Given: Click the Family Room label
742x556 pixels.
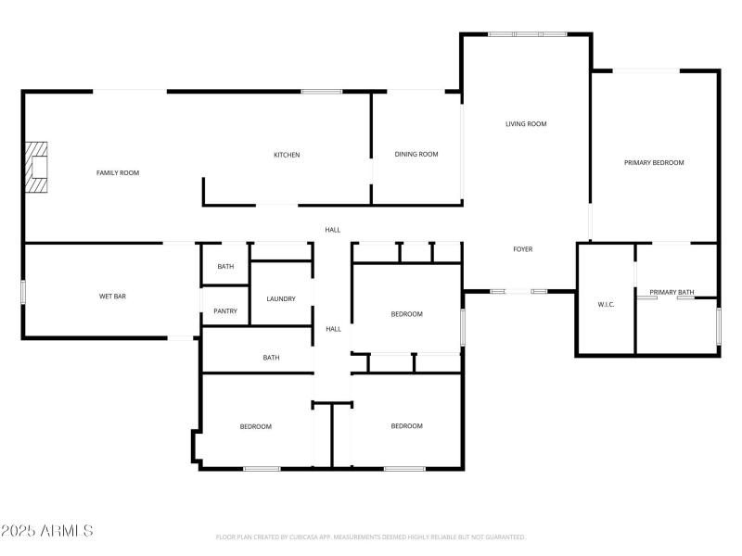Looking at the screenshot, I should (x=118, y=172).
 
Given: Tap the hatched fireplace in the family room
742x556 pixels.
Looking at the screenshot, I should (x=36, y=167).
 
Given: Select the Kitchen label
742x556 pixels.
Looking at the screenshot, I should (x=287, y=155).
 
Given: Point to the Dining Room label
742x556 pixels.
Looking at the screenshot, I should (x=416, y=155).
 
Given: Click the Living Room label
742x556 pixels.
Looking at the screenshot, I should (x=526, y=124).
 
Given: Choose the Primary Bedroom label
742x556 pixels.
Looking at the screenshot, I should (x=654, y=162).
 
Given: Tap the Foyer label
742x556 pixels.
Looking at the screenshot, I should (x=523, y=249).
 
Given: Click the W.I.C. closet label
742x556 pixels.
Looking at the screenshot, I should (x=607, y=304).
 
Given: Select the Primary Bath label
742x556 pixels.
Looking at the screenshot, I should (x=672, y=293).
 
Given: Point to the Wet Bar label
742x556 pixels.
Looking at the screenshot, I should (x=112, y=297).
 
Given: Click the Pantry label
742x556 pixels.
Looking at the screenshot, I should (x=225, y=311).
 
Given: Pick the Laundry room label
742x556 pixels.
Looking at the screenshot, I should (x=280, y=298).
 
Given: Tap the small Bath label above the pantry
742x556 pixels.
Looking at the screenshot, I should (x=226, y=267).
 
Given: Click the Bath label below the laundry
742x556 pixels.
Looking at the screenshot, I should (x=271, y=358).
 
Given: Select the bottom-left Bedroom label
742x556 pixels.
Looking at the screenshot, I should (x=255, y=426).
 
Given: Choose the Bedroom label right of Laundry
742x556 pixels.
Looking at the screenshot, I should (x=406, y=314).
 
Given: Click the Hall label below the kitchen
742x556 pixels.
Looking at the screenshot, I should (x=332, y=230).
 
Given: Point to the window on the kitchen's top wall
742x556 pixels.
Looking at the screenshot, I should (x=321, y=91).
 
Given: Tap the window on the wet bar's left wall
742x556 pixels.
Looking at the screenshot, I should (x=23, y=292).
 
